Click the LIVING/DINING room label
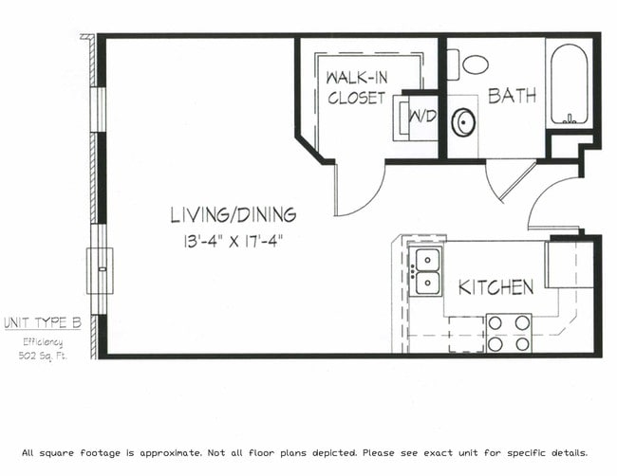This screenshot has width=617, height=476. [233, 214]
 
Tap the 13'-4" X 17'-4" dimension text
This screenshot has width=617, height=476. [233, 241]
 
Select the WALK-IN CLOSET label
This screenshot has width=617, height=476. [356, 87]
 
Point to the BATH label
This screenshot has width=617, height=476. [512, 96]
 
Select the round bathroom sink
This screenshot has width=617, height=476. [464, 122]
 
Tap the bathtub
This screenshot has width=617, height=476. [570, 85]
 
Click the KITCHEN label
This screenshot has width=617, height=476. [495, 286]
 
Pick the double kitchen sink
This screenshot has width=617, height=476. [426, 271]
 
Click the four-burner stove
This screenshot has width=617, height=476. [508, 333]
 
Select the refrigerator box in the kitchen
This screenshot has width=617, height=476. [569, 265]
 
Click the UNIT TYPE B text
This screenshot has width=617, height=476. [42, 322]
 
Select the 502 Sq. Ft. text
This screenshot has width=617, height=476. [42, 356]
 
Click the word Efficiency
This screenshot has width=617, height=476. [43, 340]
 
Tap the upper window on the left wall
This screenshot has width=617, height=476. [98, 109]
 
